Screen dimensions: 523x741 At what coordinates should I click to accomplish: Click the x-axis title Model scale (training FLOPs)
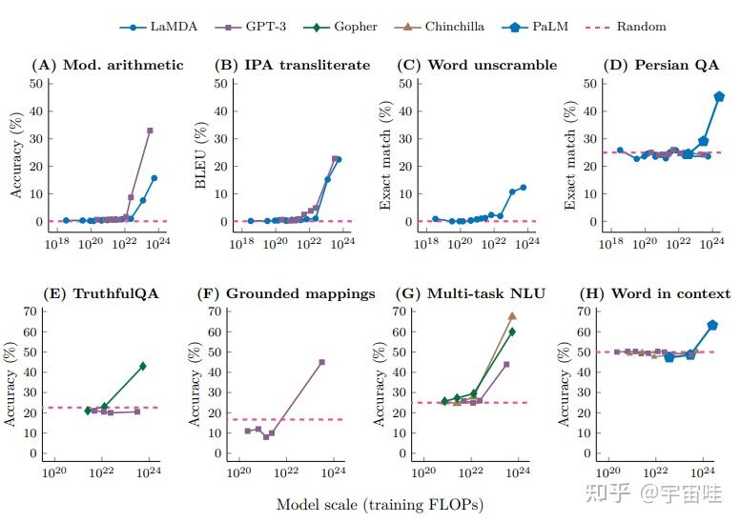pyautogui.click(x=380, y=503)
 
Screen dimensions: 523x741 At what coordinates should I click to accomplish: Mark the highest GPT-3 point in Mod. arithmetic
pyautogui.click(x=150, y=131)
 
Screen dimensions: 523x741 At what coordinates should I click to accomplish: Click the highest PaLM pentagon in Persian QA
pyautogui.click(x=719, y=96)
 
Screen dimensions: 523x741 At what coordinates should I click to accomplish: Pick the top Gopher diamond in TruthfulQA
pyautogui.click(x=143, y=366)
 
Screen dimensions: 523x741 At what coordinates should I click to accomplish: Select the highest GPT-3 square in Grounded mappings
pyautogui.click(x=321, y=362)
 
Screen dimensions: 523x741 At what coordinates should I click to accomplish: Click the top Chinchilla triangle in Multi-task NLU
pyautogui.click(x=512, y=315)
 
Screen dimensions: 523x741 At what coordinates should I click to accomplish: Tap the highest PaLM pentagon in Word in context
pyautogui.click(x=712, y=325)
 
